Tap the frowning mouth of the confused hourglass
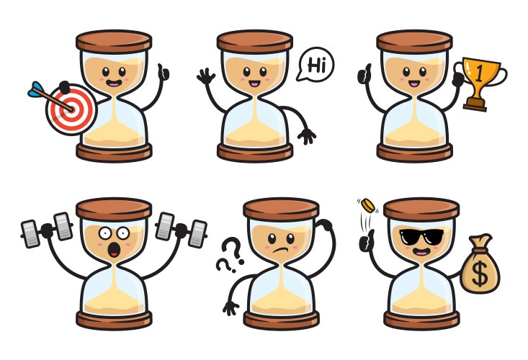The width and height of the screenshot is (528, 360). tap(277, 248)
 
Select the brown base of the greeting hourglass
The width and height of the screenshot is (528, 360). tap(255, 152)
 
